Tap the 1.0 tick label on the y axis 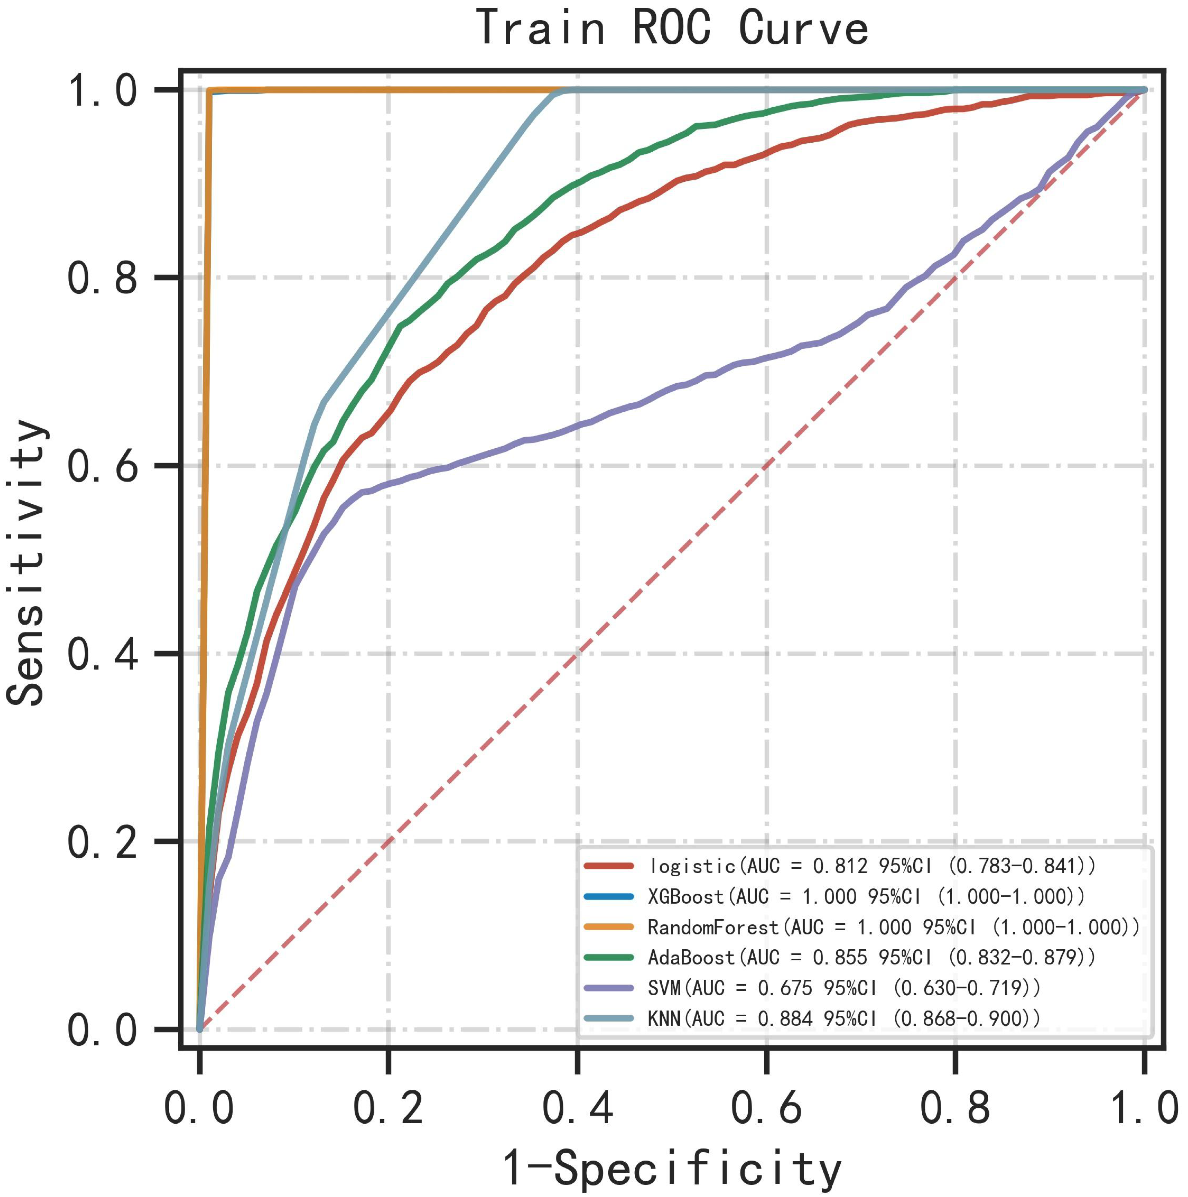click(102, 90)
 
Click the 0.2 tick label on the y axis click(102, 843)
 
